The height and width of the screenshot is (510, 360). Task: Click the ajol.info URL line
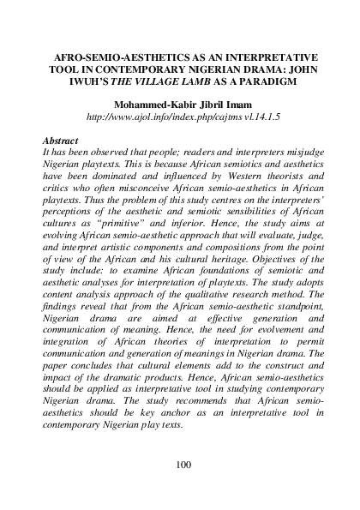[179, 117]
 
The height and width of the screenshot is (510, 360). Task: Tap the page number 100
[182, 465]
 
